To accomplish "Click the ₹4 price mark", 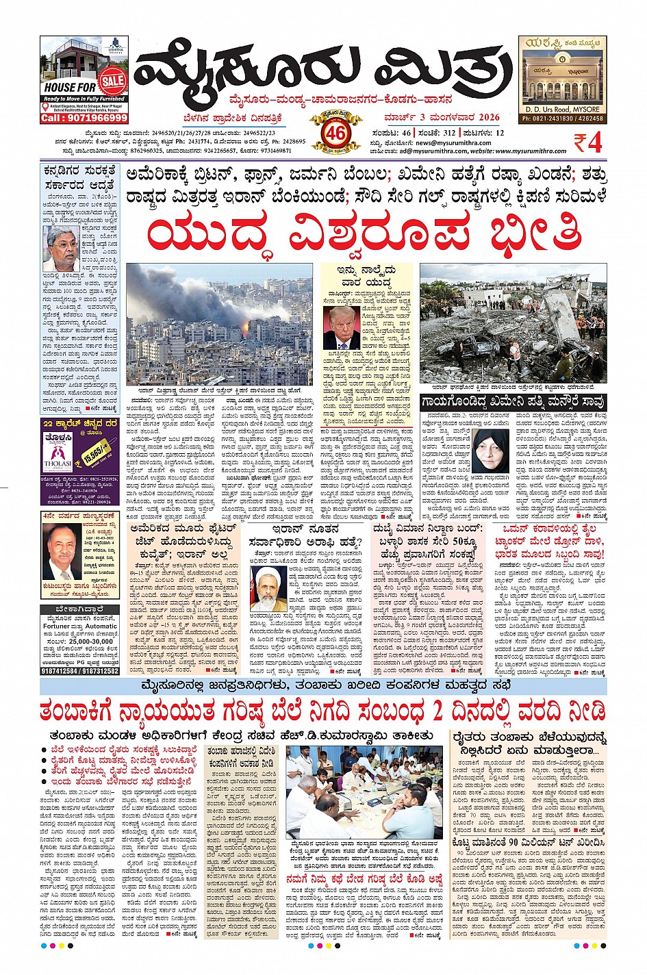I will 587,142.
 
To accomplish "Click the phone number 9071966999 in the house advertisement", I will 84,118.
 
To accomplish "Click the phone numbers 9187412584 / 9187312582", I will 79,671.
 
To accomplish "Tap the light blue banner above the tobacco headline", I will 323,686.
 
